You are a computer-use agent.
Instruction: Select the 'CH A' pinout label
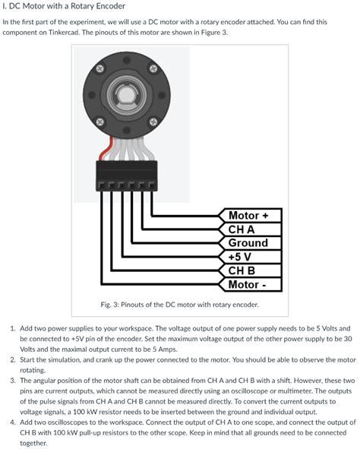(242, 229)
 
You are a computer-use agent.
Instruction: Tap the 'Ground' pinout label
(248, 242)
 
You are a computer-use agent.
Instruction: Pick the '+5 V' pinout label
(242, 256)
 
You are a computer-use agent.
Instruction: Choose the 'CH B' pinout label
(242, 270)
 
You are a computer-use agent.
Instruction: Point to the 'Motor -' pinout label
(248, 284)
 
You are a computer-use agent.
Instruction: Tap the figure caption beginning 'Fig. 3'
(180, 304)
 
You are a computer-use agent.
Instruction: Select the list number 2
(12, 359)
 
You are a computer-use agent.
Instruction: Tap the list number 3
(12, 380)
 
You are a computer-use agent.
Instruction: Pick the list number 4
(12, 422)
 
